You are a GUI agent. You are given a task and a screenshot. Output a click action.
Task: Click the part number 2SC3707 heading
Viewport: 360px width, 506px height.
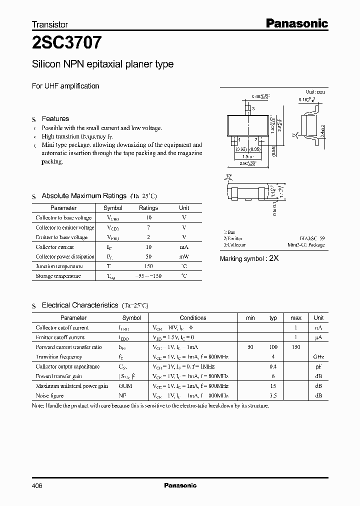(67, 43)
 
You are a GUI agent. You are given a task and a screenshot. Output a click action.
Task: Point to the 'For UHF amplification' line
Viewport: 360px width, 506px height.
(65, 86)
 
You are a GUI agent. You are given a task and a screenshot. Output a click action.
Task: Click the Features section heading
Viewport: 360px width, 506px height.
(55, 118)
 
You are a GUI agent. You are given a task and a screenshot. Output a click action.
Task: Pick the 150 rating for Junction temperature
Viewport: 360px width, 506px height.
(148, 266)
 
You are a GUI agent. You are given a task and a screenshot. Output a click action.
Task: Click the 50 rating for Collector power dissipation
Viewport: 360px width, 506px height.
(148, 256)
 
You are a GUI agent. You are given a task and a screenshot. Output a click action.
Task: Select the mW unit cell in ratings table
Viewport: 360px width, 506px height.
(184, 256)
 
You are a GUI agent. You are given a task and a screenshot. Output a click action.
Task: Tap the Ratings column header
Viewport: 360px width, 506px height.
(148, 208)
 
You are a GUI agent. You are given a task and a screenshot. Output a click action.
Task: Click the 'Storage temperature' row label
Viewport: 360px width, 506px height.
(58, 276)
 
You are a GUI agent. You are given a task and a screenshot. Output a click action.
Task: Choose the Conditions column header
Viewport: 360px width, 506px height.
(193, 317)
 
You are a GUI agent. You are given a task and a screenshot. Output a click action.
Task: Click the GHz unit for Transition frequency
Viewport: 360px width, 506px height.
(318, 357)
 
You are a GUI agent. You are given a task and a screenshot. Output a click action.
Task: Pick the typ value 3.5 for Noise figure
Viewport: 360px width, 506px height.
(273, 395)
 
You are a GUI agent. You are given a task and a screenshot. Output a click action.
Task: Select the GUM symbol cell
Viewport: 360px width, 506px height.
(125, 386)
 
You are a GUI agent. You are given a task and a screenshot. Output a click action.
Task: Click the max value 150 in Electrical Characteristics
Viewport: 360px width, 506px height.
(295, 347)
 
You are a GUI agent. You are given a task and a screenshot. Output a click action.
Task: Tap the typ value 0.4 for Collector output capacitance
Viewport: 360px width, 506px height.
(273, 366)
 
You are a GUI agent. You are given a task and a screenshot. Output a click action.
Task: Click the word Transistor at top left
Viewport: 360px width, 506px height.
(49, 24)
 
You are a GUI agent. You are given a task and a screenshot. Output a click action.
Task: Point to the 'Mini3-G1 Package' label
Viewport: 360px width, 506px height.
(306, 245)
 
